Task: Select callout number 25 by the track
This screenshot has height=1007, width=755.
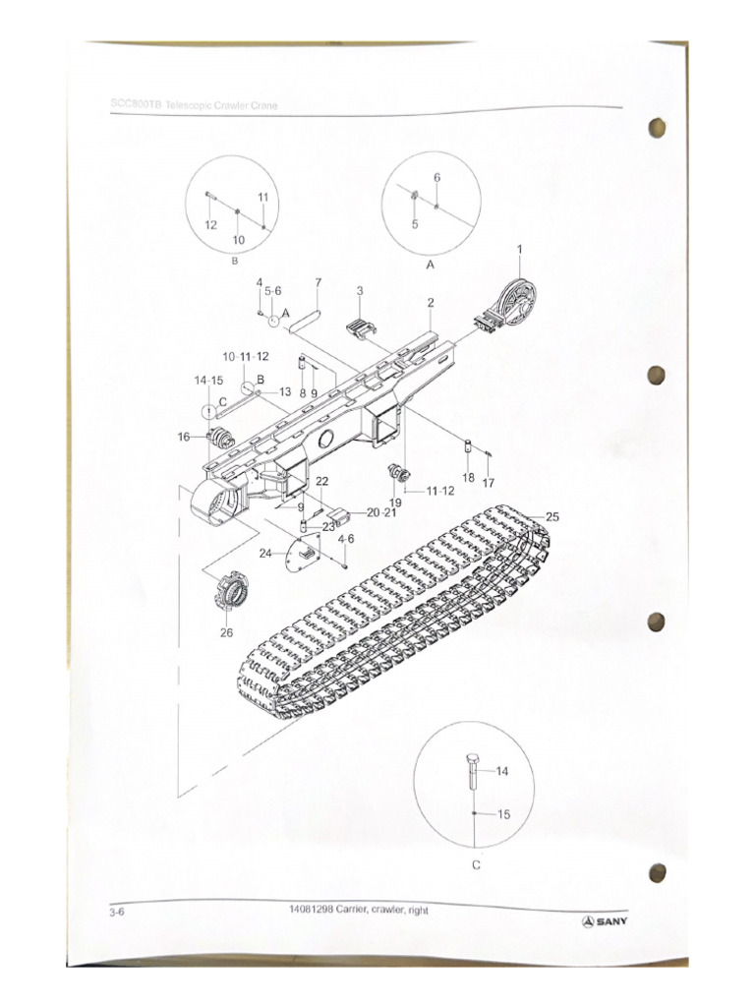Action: coord(552,516)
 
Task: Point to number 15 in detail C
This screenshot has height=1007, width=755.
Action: coord(503,814)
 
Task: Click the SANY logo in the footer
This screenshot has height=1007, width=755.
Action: coord(606,921)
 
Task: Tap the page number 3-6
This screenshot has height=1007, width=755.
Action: coord(117,913)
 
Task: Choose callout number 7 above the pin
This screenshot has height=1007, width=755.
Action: coord(318,283)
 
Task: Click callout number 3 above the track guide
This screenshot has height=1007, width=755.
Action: coord(360,291)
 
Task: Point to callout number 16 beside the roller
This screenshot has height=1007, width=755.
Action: coord(184,437)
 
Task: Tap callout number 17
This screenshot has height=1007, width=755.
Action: coord(488,482)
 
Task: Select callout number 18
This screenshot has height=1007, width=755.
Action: coord(468,477)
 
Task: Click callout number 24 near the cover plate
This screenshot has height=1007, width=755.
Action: coord(265,554)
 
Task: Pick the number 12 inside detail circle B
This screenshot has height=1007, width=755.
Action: coord(210,225)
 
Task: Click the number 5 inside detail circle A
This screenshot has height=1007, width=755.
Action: coord(415,224)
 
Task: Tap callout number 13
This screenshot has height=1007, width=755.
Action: coord(284,391)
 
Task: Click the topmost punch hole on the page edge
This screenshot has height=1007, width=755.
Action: coord(657,129)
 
